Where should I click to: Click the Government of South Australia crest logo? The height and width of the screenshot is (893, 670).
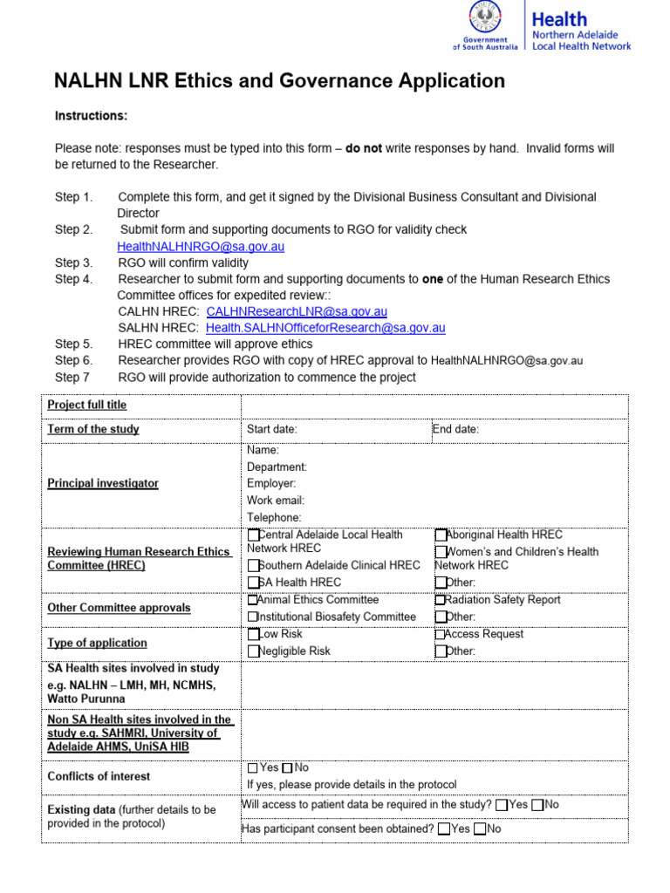click(x=485, y=18)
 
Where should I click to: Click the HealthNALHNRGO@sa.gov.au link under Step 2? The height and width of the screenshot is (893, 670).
click(x=201, y=247)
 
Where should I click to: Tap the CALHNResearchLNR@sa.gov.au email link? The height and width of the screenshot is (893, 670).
click(x=297, y=311)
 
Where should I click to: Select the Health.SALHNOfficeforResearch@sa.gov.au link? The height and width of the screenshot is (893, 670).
click(x=325, y=328)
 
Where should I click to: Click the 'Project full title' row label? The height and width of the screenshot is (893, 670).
click(x=86, y=406)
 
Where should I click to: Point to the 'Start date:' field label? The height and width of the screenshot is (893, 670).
click(x=272, y=429)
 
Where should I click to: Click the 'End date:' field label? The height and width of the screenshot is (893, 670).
click(x=455, y=429)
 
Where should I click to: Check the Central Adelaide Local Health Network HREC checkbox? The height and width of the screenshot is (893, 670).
click(x=253, y=535)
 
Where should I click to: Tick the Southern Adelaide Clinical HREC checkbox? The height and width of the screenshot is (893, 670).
click(x=253, y=566)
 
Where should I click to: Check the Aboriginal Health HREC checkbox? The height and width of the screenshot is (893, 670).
click(x=441, y=535)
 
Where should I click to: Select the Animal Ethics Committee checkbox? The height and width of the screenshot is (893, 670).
click(x=253, y=600)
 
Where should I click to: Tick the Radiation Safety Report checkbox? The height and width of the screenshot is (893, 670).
click(x=440, y=600)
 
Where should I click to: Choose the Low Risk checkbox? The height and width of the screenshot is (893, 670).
click(x=253, y=635)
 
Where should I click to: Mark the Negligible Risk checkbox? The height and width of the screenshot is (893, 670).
click(x=253, y=651)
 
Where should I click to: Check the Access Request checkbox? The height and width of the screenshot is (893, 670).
click(x=440, y=635)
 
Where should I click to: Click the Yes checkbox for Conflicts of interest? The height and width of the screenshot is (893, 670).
click(x=253, y=768)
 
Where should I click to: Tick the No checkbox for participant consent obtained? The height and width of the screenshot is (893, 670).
click(x=480, y=829)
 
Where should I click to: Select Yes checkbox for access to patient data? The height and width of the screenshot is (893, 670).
click(x=501, y=805)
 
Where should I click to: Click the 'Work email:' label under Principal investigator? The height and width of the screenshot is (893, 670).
click(x=276, y=501)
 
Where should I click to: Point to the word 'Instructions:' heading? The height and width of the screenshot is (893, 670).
click(x=91, y=116)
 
